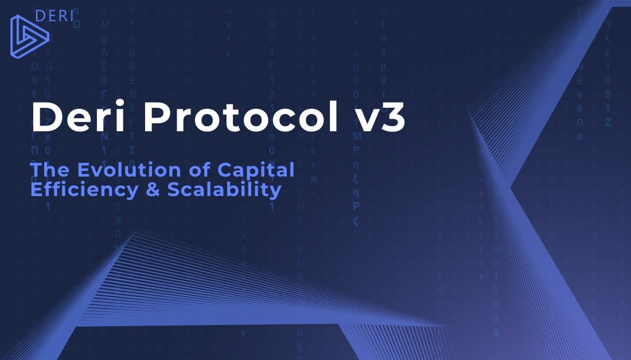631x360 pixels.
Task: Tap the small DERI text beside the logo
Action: click(x=54, y=16)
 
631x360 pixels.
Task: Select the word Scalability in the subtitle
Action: click(x=224, y=190)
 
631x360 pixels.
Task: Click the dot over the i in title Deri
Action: click(x=120, y=104)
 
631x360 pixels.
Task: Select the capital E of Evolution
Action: click(x=83, y=170)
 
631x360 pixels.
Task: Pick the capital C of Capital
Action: click(x=224, y=170)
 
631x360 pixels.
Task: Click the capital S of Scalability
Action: click(x=173, y=189)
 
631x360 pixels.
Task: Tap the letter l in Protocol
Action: click(x=333, y=116)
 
